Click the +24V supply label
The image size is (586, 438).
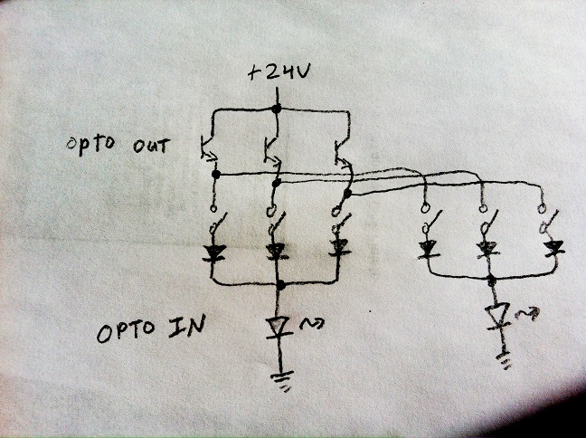[x=279, y=74]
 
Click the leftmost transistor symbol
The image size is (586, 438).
[x=209, y=150]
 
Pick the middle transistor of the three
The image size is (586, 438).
[x=269, y=149]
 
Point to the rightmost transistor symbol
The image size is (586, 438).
[x=341, y=153]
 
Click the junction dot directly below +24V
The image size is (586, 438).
[x=277, y=109]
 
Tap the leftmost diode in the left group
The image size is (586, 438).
[x=213, y=253]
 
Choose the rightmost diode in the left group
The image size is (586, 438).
[x=338, y=246]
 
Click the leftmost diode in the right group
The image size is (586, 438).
[x=426, y=246]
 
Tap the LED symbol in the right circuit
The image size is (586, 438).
[x=496, y=315]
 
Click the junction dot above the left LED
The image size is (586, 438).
[x=281, y=285]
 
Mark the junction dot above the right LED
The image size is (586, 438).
[x=492, y=280]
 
